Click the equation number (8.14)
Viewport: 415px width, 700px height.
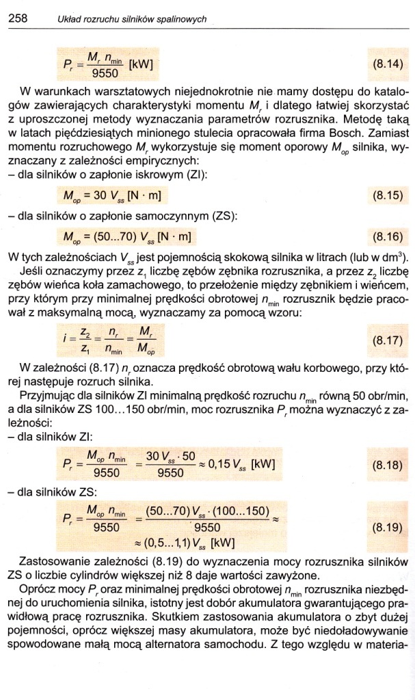(x=388, y=66)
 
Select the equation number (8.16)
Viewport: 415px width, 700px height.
(x=388, y=237)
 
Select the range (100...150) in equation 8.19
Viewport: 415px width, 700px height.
(x=234, y=511)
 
